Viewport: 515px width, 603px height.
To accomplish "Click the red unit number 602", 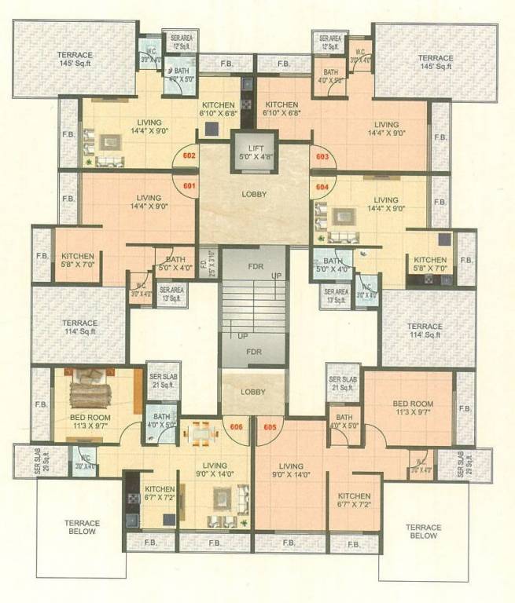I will pyautogui.click(x=189, y=155).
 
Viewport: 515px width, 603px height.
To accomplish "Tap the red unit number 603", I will pyautogui.click(x=322, y=156).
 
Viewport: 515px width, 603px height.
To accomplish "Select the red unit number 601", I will pyautogui.click(x=189, y=186).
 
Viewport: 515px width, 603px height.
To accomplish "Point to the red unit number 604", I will pyautogui.click(x=322, y=187).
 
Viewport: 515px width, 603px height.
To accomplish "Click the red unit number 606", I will pyautogui.click(x=236, y=427).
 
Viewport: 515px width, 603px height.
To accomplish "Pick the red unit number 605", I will pyautogui.click(x=270, y=427).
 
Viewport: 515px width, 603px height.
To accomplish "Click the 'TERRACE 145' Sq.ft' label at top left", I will pyautogui.click(x=75, y=60).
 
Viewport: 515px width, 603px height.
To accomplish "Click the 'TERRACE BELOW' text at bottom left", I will pyautogui.click(x=82, y=527).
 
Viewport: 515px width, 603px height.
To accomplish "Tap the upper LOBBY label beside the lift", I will pyautogui.click(x=254, y=194).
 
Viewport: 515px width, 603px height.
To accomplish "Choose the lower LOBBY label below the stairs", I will pyautogui.click(x=253, y=391).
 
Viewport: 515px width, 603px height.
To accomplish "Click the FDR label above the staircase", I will pyautogui.click(x=254, y=265).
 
